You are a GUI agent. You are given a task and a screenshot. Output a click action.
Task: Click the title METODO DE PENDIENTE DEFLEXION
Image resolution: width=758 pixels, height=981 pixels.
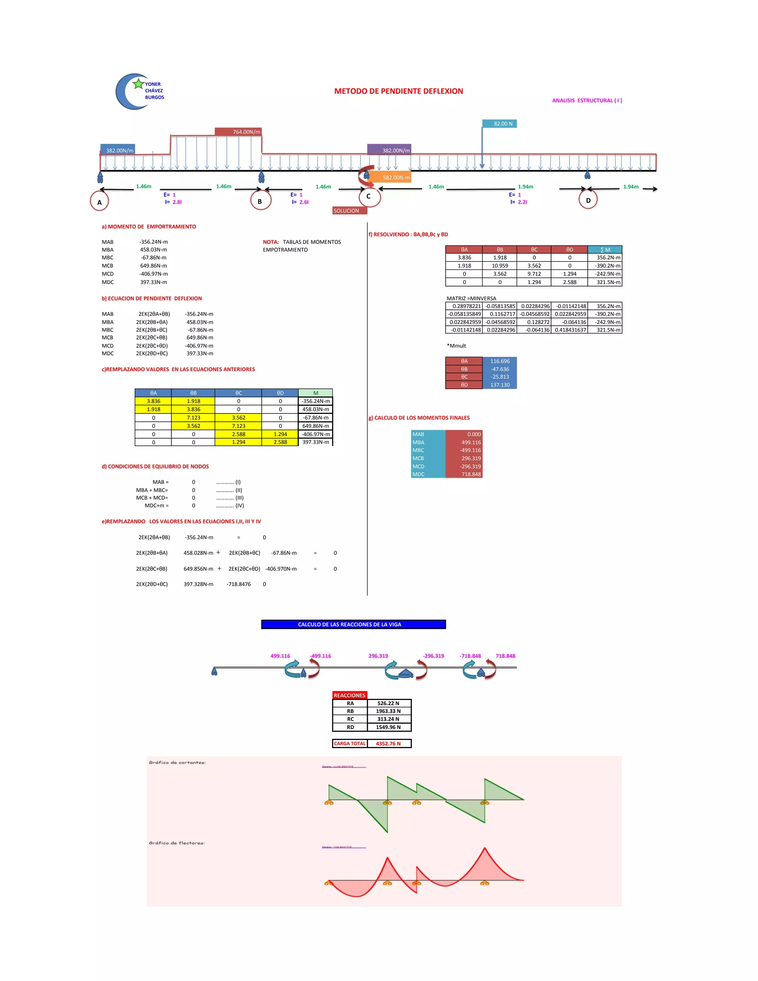(398, 91)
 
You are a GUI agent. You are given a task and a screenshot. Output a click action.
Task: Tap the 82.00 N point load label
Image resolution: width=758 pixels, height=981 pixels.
(499, 124)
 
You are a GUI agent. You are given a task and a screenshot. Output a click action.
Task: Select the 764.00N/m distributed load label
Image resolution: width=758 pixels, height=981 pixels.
(238, 132)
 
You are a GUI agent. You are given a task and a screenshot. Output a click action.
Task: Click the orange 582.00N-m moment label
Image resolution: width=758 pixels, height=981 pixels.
(389, 177)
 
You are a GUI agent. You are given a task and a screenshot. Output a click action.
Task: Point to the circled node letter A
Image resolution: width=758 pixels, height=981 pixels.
(99, 202)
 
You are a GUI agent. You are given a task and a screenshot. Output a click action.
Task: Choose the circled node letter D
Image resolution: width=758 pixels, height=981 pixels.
(588, 200)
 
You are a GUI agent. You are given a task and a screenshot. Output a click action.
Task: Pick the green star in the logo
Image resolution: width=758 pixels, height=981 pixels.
(138, 84)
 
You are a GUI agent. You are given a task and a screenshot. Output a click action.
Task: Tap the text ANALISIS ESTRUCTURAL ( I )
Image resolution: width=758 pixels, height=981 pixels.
(587, 101)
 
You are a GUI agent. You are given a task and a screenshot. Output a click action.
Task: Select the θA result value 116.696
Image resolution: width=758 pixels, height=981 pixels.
(500, 361)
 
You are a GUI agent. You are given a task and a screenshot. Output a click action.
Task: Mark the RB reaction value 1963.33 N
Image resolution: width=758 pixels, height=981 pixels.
(388, 711)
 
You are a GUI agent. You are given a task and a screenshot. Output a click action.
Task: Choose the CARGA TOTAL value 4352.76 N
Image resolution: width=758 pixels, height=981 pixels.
(388, 743)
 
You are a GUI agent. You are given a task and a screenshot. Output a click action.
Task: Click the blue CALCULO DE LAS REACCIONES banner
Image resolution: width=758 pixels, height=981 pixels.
(353, 625)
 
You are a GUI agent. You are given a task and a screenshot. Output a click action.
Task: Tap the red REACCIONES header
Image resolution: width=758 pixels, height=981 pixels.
(349, 695)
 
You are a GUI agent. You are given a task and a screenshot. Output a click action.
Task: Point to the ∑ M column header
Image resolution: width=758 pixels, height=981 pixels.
(605, 250)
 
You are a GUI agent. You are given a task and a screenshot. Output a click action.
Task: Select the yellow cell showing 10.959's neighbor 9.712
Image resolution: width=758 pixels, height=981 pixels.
(534, 274)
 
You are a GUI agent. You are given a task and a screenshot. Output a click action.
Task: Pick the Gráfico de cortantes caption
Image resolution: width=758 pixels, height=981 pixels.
(177, 762)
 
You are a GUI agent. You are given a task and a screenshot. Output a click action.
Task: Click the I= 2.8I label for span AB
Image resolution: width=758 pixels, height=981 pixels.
(173, 202)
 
